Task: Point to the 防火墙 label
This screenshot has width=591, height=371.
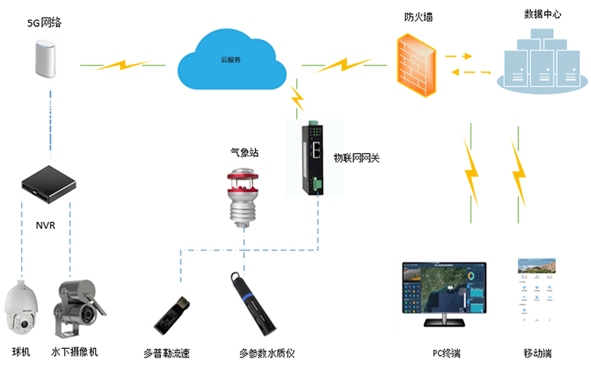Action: (x=418, y=17)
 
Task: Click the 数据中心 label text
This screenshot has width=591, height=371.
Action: (x=543, y=15)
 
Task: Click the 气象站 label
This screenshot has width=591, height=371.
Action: (x=244, y=149)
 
